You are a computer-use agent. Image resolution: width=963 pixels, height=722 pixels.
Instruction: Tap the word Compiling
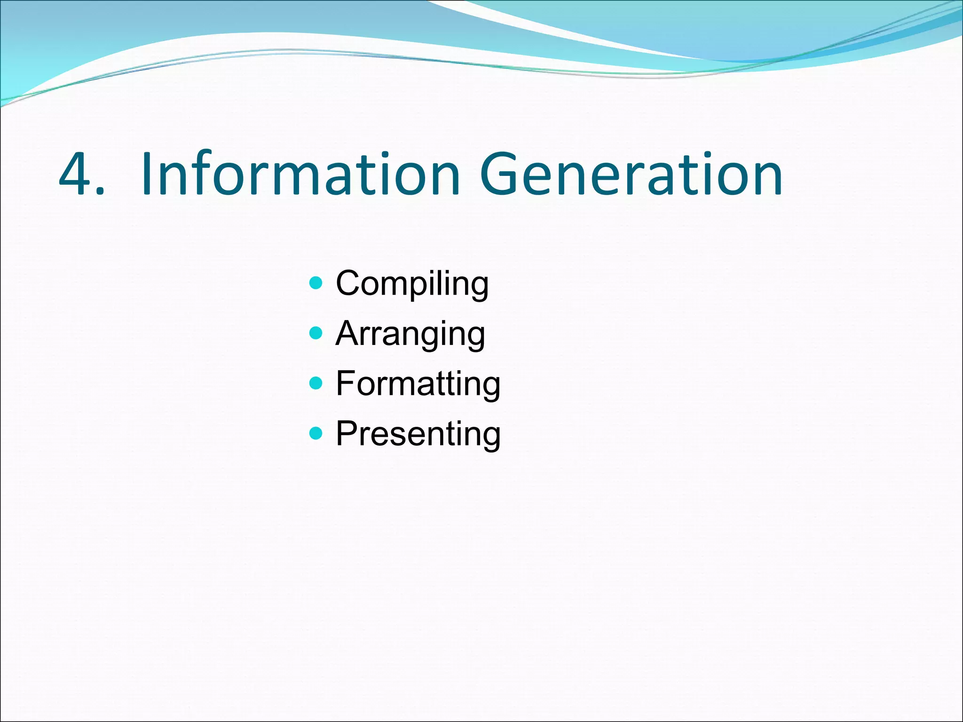click(412, 284)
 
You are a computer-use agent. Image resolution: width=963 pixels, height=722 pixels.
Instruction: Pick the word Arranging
click(410, 334)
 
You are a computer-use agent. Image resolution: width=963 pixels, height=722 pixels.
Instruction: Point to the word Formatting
click(418, 384)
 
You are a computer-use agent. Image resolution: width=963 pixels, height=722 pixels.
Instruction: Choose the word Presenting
click(418, 434)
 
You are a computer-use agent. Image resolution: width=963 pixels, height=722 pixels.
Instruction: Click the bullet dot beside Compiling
click(316, 283)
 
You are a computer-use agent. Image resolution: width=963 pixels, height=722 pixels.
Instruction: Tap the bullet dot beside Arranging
click(316, 333)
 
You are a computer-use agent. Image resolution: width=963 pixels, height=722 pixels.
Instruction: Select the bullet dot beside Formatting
click(316, 383)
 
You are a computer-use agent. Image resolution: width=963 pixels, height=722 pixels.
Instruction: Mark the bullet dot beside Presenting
click(316, 433)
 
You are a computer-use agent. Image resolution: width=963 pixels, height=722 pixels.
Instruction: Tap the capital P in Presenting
click(348, 433)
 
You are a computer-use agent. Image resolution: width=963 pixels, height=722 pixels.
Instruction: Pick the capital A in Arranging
click(349, 333)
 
